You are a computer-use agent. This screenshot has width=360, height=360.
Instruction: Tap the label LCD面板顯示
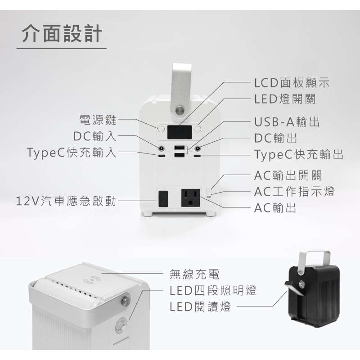[292, 82]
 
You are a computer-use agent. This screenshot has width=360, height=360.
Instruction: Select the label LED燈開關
[285, 99]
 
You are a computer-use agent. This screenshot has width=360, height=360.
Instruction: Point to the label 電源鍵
[98, 120]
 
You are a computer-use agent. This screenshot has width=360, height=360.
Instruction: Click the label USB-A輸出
[287, 121]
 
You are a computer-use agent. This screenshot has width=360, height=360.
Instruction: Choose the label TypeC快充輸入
[72, 152]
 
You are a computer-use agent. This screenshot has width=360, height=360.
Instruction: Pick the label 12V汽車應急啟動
[66, 201]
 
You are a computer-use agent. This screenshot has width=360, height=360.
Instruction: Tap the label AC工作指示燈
[295, 192]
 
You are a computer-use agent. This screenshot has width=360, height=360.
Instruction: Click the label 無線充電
[194, 274]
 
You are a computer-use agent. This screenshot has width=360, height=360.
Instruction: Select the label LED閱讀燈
[200, 306]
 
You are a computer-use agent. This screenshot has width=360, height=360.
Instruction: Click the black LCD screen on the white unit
[180, 132]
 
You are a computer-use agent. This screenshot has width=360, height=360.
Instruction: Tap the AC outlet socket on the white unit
[190, 198]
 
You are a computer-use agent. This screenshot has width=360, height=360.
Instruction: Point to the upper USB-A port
[179, 148]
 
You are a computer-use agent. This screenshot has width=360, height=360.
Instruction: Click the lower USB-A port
[179, 155]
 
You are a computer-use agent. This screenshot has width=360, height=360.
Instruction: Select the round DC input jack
[162, 148]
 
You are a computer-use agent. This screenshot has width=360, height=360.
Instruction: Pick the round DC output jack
[198, 148]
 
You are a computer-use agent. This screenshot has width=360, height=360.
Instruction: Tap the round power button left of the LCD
[162, 129]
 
